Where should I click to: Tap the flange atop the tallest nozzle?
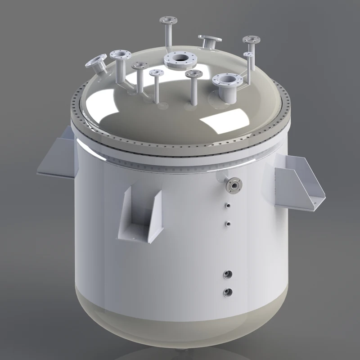(x=168, y=21)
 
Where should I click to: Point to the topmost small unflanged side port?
(x=228, y=206)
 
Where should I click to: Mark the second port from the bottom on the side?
(x=228, y=274)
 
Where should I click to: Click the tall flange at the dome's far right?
(x=251, y=40)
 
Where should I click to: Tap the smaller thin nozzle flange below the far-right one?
(x=249, y=54)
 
